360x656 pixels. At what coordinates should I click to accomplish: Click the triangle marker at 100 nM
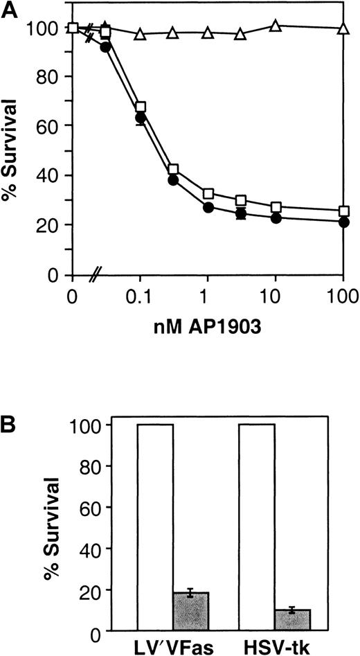point(343,28)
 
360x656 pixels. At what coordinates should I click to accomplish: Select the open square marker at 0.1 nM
point(141,107)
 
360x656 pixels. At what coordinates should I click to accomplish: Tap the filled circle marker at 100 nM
point(343,222)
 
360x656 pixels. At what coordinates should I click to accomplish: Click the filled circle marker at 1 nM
point(208,208)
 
